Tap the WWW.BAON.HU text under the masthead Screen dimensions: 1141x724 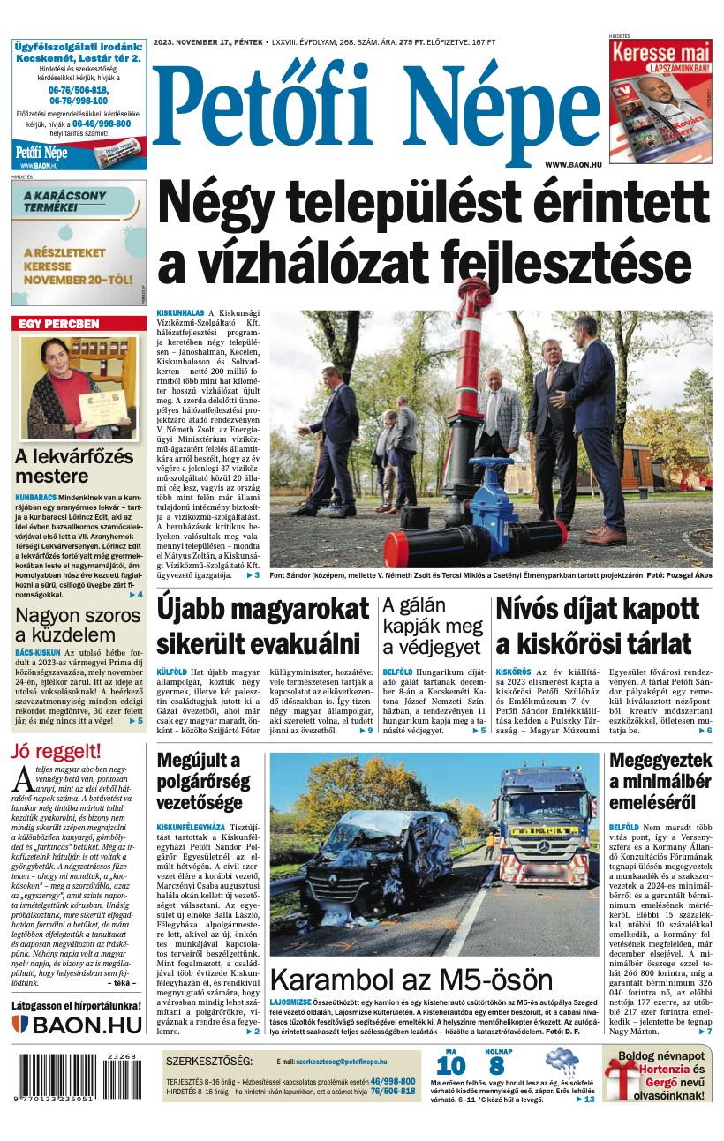tap(574, 165)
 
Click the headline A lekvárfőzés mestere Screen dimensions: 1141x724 tap(75, 466)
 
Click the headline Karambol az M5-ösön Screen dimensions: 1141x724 tap(411, 980)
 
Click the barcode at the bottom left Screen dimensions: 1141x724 tap(77, 1077)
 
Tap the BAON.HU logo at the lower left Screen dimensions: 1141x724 tap(77, 1025)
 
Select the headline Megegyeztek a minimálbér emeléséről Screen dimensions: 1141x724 tap(660, 781)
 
